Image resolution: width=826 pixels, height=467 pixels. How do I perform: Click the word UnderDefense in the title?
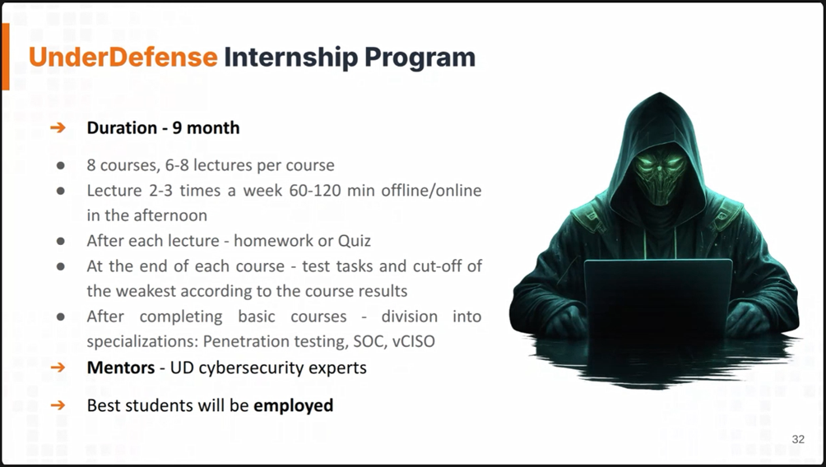coord(123,57)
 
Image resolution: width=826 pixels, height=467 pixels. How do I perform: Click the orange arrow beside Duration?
coord(58,127)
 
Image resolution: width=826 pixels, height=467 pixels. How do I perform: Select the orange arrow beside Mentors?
coord(58,367)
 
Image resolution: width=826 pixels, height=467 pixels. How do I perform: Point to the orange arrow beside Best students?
coord(58,405)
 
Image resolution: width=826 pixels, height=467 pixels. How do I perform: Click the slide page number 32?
coord(798,439)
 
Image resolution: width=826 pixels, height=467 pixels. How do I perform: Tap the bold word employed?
coord(294,406)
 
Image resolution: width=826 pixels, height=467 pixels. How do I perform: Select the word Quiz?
coord(354,241)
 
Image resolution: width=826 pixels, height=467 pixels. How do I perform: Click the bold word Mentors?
coord(121,367)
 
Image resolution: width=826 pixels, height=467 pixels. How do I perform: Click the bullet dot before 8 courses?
coord(61,165)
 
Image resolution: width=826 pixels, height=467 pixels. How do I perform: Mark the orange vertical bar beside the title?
coord(6,57)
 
